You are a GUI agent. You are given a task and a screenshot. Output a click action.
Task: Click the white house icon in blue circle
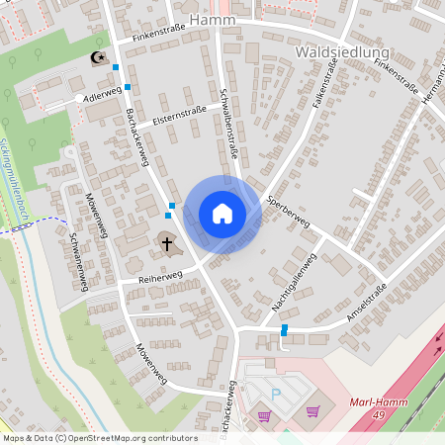pos(222,214)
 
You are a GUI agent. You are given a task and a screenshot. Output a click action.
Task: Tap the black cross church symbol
pos(167,242)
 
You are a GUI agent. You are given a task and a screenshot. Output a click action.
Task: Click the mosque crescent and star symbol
pos(97,59)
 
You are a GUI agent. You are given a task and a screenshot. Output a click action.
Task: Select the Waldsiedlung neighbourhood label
pos(342,51)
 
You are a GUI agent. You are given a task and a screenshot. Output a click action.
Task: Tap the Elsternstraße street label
pos(179,116)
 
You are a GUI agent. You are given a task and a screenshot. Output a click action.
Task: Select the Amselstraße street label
pos(366,305)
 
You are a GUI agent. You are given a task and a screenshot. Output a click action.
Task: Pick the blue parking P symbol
pos(276,393)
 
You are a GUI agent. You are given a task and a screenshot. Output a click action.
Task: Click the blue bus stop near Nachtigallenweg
pos(285,329)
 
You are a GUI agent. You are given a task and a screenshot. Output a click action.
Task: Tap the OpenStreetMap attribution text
pos(99,438)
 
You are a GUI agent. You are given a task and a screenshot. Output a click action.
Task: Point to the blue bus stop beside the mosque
pos(116,67)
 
